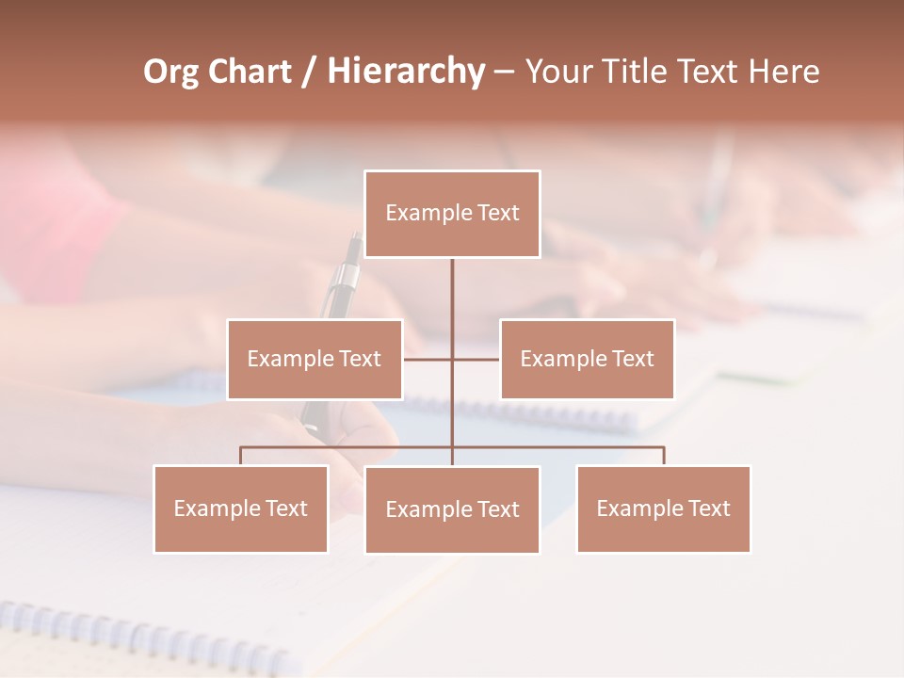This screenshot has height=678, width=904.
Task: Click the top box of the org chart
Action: (x=452, y=214)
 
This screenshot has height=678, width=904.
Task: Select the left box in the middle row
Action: (x=315, y=359)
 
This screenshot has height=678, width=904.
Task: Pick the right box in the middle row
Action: (x=587, y=359)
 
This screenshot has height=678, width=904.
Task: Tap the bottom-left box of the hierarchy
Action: (x=241, y=508)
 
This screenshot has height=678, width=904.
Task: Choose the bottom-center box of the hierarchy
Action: (x=452, y=509)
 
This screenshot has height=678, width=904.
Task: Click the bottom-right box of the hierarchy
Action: (x=663, y=508)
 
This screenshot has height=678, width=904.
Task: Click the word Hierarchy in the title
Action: (x=406, y=71)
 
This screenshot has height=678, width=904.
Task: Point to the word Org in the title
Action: (x=171, y=72)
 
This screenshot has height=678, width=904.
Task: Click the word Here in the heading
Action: (x=783, y=72)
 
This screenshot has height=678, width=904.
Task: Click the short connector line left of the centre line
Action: (x=428, y=359)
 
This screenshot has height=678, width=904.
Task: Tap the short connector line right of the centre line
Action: (x=476, y=359)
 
